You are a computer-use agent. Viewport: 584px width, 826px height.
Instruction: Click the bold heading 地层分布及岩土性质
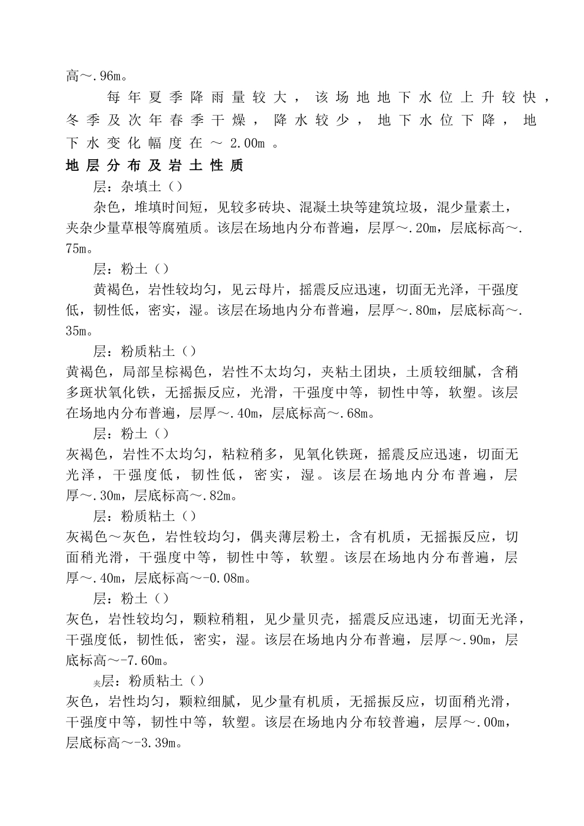[154, 166]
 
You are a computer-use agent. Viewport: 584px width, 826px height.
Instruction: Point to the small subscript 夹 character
[97, 683]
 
